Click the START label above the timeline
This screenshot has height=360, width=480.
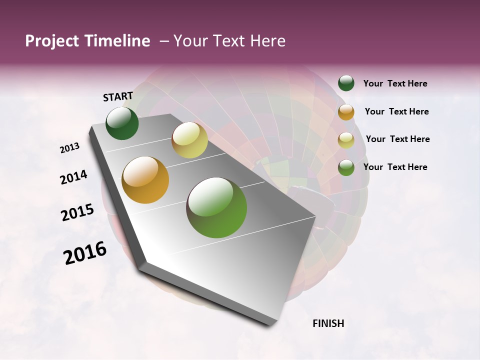pyautogui.click(x=118, y=96)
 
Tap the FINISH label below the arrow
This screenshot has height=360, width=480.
pyautogui.click(x=328, y=323)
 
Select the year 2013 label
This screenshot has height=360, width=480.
pyautogui.click(x=70, y=148)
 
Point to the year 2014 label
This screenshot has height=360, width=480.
pyautogui.click(x=74, y=177)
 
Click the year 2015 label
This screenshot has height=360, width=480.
pyautogui.click(x=77, y=212)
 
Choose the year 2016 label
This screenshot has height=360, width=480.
pyautogui.click(x=85, y=253)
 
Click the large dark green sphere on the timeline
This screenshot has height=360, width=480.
pyautogui.click(x=122, y=123)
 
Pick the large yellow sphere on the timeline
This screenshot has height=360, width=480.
pyautogui.click(x=189, y=140)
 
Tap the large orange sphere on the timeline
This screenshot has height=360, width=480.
pyautogui.click(x=145, y=180)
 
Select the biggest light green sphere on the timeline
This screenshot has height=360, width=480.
pyautogui.click(x=216, y=207)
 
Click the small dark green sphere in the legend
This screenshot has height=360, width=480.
pyautogui.click(x=346, y=83)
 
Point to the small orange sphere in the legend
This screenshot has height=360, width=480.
pyautogui.click(x=346, y=111)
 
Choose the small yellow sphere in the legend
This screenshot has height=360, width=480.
pyautogui.click(x=346, y=139)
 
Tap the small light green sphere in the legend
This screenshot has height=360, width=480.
pyautogui.click(x=346, y=167)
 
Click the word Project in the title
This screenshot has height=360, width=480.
pyautogui.click(x=52, y=41)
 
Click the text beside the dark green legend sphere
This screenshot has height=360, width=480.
pyautogui.click(x=395, y=83)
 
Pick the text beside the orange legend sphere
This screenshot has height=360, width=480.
pyautogui.click(x=396, y=111)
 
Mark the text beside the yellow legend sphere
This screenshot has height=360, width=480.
pyautogui.click(x=397, y=139)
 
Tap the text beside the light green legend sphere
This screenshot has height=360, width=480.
pyautogui.click(x=395, y=167)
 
